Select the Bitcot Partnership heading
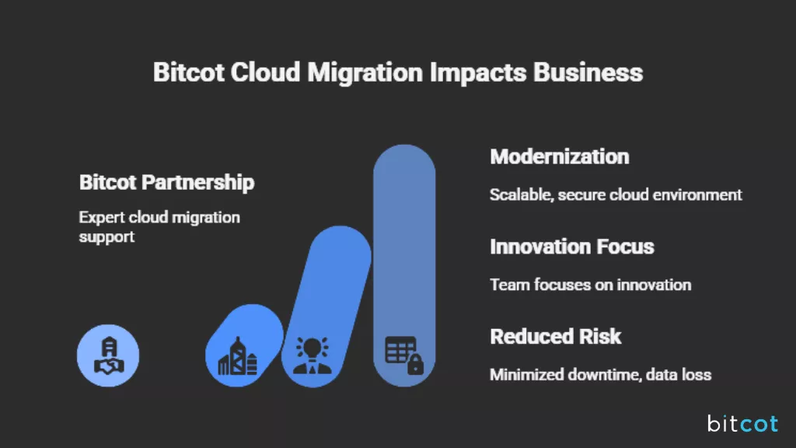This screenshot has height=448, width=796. point(166,183)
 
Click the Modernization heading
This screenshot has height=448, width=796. point(559,156)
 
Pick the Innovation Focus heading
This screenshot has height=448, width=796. point(571,247)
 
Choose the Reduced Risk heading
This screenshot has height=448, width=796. point(555,337)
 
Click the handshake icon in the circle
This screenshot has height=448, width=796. point(108,357)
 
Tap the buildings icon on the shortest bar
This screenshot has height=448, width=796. point(238,357)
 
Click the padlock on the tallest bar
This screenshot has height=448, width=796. point(415,364)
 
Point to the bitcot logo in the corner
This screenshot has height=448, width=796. point(742,423)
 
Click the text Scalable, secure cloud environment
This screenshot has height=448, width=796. point(616,194)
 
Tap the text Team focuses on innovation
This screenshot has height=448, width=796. point(590,285)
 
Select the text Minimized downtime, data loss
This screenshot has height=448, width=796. point(600,375)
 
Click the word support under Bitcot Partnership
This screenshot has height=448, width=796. point(106,236)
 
